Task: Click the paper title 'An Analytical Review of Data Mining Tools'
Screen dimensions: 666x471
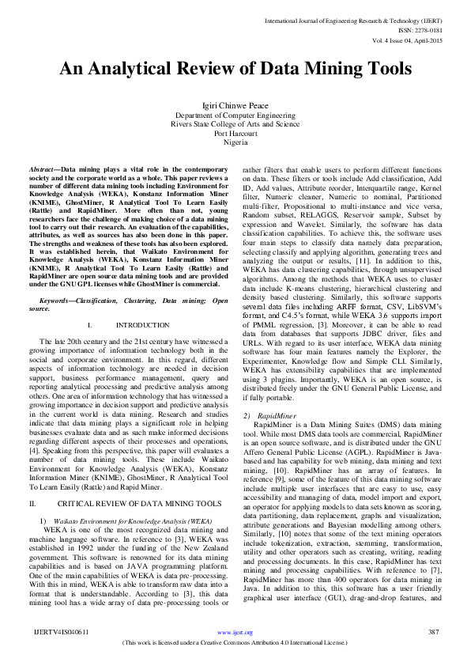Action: coord(236,69)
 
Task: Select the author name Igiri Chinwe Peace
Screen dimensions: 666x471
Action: coord(236,105)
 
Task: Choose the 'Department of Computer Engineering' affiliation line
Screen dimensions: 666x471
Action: coord(236,115)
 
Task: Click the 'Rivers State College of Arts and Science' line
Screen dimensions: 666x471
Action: coord(236,124)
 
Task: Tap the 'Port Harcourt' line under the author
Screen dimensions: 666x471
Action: coord(236,134)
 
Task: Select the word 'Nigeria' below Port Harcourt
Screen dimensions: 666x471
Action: coord(236,142)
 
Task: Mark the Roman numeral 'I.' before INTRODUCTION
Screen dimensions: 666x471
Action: coord(92,325)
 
